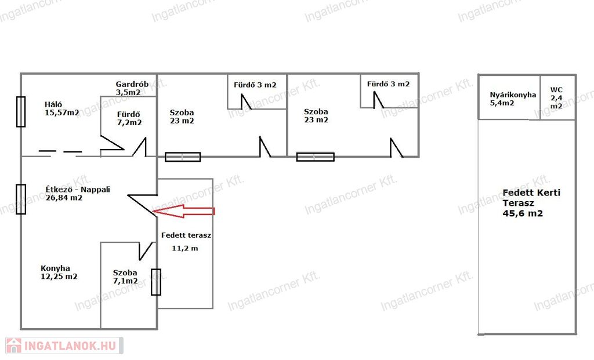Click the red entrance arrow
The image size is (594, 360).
(x=184, y=211)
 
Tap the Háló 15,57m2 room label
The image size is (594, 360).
(x=61, y=108)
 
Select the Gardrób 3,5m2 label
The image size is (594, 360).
(x=132, y=88)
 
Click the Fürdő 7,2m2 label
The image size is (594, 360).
(x=129, y=118)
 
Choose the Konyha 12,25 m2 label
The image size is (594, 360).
(x=59, y=272)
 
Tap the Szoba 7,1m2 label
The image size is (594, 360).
(x=125, y=277)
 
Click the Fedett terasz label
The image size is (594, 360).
(x=186, y=235)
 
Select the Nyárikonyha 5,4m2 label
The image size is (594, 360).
(x=513, y=99)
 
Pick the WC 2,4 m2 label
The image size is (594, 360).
(x=556, y=97)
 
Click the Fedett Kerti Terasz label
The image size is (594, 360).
(x=531, y=198)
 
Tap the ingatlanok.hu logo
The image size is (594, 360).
(x=64, y=346)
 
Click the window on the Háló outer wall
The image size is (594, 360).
(x=21, y=112)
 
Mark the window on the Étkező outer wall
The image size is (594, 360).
(x=21, y=199)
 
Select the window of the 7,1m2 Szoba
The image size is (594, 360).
(x=156, y=282)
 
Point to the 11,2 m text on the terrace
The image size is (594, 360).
(x=185, y=248)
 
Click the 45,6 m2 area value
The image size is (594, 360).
(x=523, y=213)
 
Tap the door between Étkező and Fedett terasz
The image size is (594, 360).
(x=143, y=206)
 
